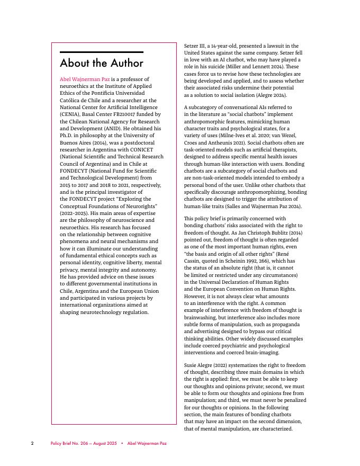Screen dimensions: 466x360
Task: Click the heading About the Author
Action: pyautogui.click(x=102, y=64)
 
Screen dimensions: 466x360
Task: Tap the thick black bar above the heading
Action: pyautogui.click(x=102, y=52)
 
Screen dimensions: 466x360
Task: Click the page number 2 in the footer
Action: pyautogui.click(x=32, y=443)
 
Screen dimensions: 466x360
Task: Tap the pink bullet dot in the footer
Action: pyautogui.click(x=122, y=443)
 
